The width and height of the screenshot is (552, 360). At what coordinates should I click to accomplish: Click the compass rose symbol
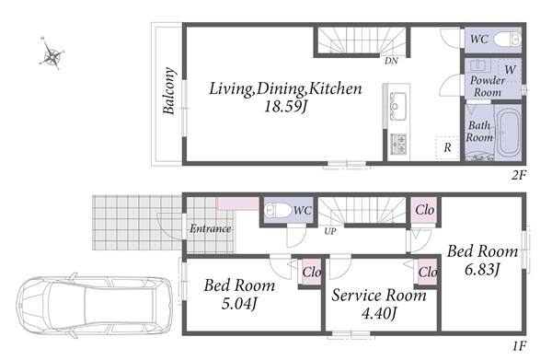click(x=52, y=54)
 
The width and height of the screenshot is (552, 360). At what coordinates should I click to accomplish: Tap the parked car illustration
click(x=95, y=305)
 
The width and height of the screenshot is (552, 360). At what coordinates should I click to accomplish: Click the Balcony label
click(x=168, y=91)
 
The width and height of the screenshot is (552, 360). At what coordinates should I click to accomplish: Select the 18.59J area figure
click(x=285, y=106)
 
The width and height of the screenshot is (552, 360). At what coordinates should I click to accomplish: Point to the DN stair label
click(x=391, y=61)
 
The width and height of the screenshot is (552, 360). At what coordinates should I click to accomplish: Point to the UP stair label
click(x=330, y=231)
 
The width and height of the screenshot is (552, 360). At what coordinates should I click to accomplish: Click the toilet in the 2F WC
click(x=507, y=39)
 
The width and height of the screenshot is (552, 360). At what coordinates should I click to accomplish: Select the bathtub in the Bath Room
click(x=509, y=132)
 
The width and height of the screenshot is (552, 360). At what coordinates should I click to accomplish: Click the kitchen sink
click(x=397, y=105)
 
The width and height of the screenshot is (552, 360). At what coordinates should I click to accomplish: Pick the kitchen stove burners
click(x=399, y=144)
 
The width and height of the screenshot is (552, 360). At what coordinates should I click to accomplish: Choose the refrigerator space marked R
click(x=447, y=147)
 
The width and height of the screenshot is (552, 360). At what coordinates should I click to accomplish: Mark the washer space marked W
click(x=510, y=69)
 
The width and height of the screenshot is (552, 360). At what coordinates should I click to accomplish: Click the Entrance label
click(x=210, y=228)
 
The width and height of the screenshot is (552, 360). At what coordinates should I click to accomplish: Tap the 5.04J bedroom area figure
click(x=238, y=304)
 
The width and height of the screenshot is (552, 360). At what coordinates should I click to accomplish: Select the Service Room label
click(x=379, y=296)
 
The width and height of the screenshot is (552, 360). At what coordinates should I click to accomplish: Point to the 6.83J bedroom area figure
click(x=482, y=270)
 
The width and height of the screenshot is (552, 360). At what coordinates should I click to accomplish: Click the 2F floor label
click(x=518, y=175)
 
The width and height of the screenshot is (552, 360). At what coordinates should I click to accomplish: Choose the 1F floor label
click(x=519, y=346)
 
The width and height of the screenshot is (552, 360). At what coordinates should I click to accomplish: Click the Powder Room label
click(x=488, y=87)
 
